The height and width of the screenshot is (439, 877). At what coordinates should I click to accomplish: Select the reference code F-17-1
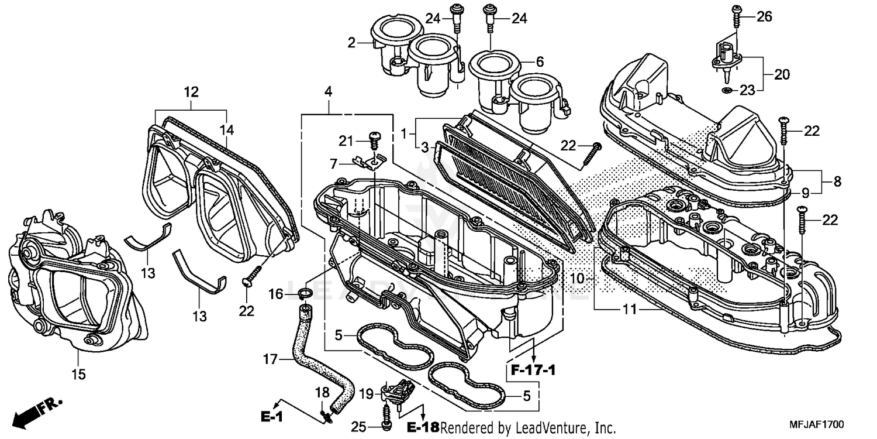532,371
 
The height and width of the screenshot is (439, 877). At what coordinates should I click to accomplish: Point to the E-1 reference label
272,417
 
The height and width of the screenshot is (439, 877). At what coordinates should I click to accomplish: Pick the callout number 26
765,17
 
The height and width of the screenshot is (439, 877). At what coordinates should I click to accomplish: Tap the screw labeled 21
374,140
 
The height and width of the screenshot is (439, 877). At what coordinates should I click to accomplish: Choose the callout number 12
191,92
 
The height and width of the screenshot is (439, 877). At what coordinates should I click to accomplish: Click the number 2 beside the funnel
351,42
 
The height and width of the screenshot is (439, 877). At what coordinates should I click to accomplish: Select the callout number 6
540,61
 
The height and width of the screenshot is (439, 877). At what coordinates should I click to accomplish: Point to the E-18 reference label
422,427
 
